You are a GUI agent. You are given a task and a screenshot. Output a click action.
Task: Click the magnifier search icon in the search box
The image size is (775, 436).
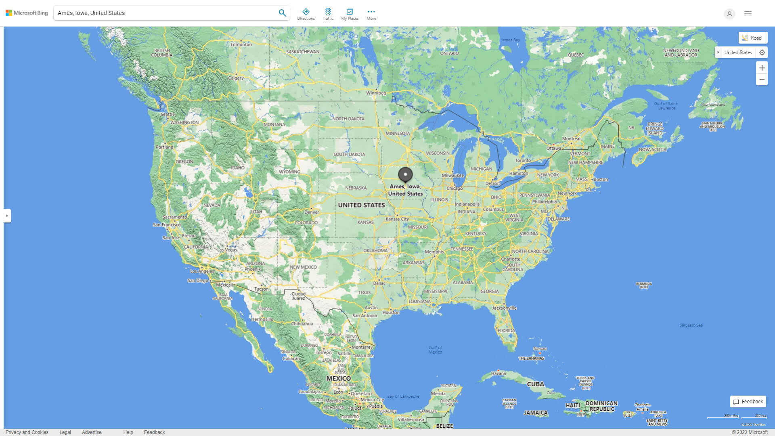coord(282,13)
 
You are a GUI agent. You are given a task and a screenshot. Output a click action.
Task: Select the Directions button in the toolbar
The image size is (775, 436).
coord(306,14)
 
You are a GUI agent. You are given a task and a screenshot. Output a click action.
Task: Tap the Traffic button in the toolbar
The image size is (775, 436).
coord(328,14)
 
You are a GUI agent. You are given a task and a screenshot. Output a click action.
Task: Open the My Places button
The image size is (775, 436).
coord(350,14)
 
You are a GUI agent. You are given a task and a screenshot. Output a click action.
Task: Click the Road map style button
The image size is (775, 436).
coord(753,38)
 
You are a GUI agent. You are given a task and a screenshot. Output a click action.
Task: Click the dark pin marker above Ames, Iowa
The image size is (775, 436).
coord(405,174)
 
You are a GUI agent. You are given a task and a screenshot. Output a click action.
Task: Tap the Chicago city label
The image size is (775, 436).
coord(455,189)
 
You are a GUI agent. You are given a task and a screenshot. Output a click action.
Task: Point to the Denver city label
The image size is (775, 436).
coord(312,212)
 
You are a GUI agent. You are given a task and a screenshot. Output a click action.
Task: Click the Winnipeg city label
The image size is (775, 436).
coord(376,93)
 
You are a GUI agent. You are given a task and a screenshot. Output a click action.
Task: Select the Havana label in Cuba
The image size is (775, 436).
coord(498,373)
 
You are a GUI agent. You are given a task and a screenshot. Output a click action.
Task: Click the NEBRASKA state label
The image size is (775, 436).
coord(356,188)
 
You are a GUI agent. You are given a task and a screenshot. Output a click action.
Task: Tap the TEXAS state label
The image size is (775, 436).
coord(364,293)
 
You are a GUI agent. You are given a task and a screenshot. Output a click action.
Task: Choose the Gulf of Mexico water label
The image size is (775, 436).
coord(435,350)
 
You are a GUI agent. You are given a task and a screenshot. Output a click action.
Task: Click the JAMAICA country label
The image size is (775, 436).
coord(536,413)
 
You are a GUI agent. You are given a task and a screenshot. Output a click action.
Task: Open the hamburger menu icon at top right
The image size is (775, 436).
coord(748,14)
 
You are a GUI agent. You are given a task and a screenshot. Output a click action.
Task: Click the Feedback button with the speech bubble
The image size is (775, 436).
coord(748,402)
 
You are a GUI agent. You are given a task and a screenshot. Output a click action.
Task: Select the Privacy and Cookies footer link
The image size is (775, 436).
coord(27,432)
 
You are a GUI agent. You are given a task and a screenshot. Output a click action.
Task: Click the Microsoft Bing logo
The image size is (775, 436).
coord(27,13)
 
